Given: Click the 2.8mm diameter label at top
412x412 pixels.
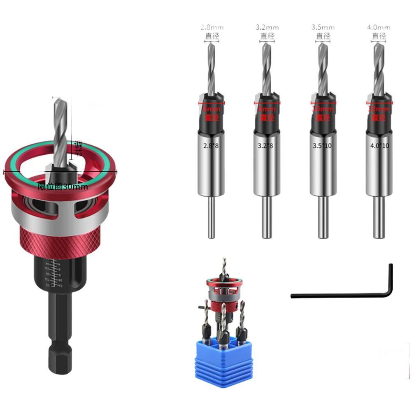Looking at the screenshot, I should tap(212, 28).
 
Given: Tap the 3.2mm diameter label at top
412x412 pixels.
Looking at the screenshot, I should tap(267, 28).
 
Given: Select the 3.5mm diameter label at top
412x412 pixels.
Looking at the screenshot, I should tap(323, 28).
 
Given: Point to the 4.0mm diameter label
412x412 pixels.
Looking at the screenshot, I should tap(378, 28).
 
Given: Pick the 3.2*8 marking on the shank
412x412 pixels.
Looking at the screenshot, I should tap(267, 145).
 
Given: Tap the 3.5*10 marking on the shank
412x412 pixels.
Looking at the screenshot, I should tap(323, 145).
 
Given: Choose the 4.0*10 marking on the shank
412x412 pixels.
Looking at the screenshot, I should tap(378, 145).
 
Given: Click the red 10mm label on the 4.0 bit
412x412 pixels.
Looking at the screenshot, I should tap(378, 109).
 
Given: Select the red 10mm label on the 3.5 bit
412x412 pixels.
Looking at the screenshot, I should tap(323, 109).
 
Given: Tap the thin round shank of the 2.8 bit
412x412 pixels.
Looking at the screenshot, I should tap(211, 218).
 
